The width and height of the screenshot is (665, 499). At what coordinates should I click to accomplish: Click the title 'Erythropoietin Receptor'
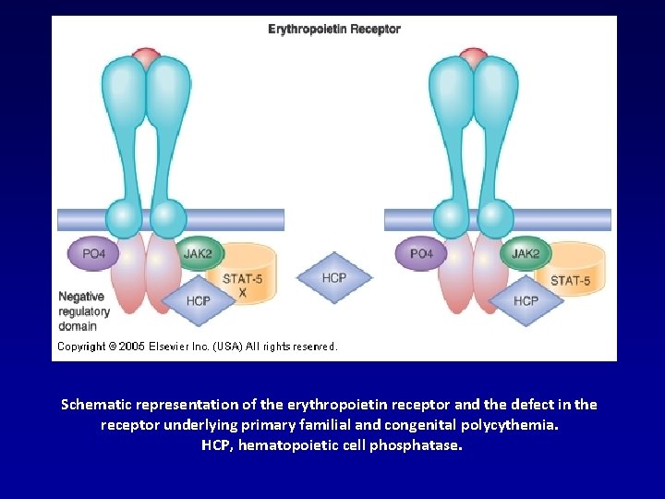tap(334, 29)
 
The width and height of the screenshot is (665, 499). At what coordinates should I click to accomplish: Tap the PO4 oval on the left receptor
tap(93, 253)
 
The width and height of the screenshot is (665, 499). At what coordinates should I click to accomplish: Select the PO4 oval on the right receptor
tap(421, 253)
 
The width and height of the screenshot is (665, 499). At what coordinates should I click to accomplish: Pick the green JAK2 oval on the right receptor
tap(526, 253)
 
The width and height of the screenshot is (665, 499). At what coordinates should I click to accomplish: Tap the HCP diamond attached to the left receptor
tap(198, 301)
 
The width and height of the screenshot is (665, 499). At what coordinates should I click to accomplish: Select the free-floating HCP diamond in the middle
tap(334, 278)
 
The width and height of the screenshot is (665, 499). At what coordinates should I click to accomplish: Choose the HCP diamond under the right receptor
tap(526, 301)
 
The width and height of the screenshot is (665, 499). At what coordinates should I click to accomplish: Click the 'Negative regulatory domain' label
tap(84, 311)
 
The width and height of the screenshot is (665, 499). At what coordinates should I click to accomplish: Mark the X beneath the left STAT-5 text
tap(242, 292)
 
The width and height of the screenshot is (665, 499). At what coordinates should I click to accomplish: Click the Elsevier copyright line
tap(198, 347)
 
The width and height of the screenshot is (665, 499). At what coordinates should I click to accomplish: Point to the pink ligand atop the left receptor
tap(146, 57)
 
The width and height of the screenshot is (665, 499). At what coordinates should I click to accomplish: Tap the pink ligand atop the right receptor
tap(474, 57)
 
